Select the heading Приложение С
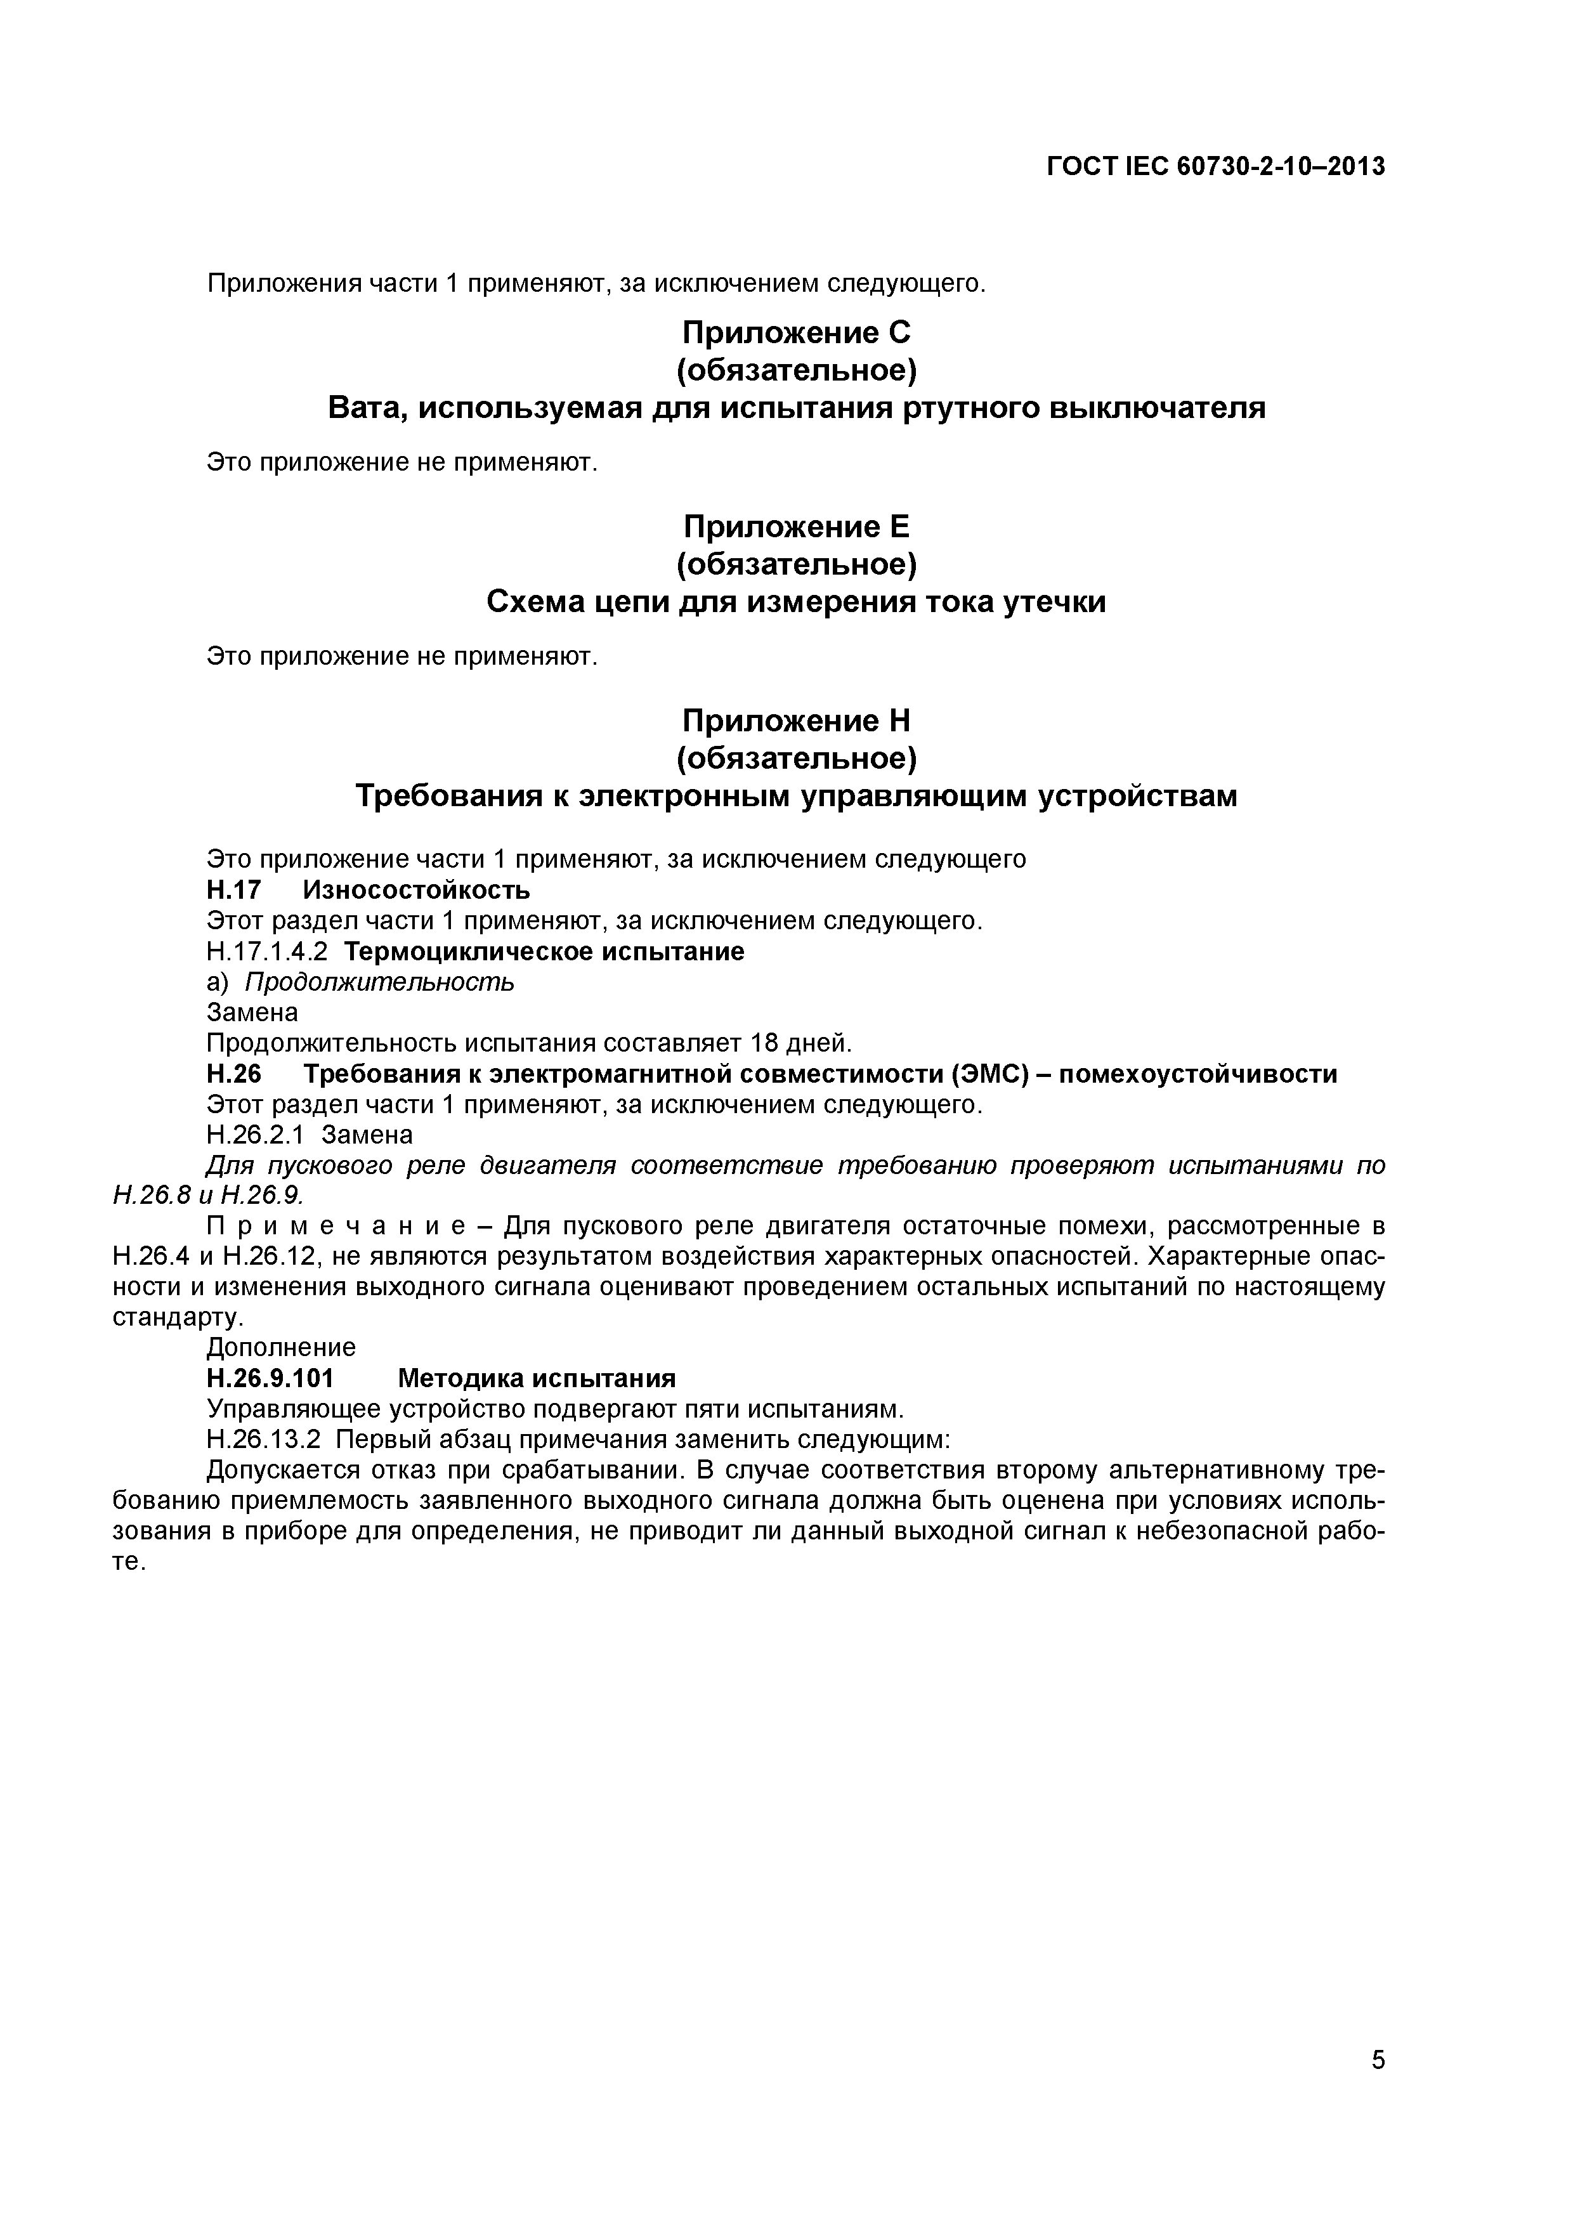click(797, 334)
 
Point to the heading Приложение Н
click(797, 721)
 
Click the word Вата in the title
click(365, 408)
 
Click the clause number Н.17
click(233, 890)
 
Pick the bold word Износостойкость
click(417, 890)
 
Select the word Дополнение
click(281, 1348)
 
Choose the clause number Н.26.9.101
click(270, 1378)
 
